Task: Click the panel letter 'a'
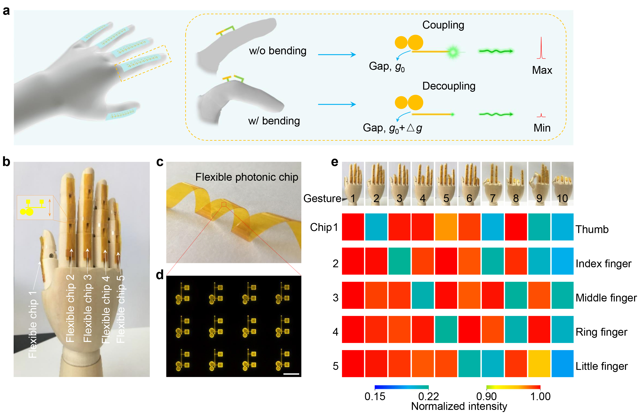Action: pos(6,11)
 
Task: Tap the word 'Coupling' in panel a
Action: pos(443,25)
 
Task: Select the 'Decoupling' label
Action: pos(449,86)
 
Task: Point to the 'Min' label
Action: pos(542,128)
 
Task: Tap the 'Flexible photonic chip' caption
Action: pos(247,177)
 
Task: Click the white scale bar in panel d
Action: pos(291,374)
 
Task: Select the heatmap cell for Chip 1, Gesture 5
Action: pos(446,227)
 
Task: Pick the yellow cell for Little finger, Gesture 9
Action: pos(539,363)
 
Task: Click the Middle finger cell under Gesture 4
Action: pos(423,295)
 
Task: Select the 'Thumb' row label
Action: pos(592,230)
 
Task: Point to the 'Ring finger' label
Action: pos(601,332)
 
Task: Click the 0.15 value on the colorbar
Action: pos(375,396)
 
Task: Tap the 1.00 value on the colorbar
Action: pos(540,396)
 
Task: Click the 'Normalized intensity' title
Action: pos(459,406)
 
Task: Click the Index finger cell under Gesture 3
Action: pos(399,261)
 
